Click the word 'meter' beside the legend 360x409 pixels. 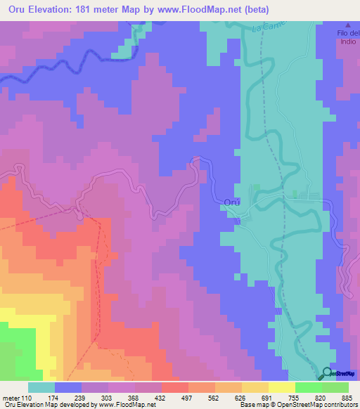(x=11, y=398)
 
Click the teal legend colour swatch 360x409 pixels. (x=41, y=387)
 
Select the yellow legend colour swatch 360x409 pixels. (x=281, y=387)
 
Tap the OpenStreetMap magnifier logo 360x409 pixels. (x=327, y=374)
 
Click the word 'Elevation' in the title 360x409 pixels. (x=60, y=9)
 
